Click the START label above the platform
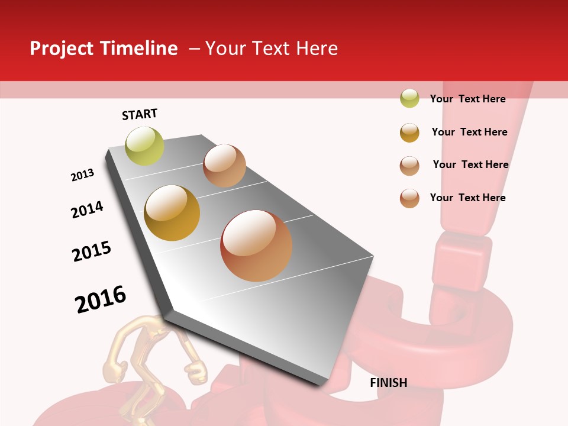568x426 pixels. point(140,114)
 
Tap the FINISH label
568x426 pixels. point(388,383)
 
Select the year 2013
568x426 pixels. point(82,175)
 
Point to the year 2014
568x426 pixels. point(87,209)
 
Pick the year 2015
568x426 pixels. point(92,251)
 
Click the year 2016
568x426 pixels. point(101,299)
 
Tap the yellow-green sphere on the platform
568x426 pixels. point(144,146)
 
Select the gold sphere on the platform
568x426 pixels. point(172,213)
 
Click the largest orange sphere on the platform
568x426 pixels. point(256,246)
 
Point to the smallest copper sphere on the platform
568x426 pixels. point(224,166)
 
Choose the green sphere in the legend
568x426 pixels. point(409,99)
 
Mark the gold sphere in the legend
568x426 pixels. point(409,133)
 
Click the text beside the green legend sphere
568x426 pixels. point(467,99)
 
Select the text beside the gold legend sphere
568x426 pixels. point(469,132)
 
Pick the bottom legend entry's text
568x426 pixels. point(467,198)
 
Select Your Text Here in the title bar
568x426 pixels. point(272,49)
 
